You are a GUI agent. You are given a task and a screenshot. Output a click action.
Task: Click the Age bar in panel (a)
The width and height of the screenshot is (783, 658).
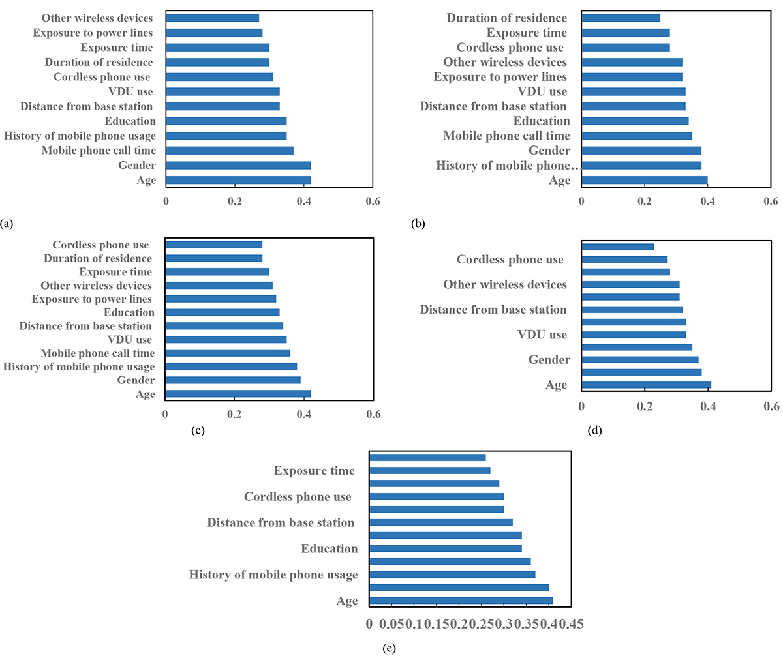[238, 180]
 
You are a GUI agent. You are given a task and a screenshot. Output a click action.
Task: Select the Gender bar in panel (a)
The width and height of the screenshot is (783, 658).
[238, 166]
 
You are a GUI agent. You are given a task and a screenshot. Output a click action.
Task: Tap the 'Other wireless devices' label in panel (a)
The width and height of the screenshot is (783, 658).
[97, 18]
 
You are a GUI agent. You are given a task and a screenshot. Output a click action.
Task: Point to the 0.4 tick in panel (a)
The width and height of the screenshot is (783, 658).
[303, 202]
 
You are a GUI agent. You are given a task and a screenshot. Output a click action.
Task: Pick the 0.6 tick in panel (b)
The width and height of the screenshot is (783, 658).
[771, 202]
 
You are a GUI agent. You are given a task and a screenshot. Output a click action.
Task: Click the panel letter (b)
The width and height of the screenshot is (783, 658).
[418, 224]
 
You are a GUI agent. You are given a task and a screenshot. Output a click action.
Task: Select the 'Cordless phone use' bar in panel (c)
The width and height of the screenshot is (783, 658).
[213, 245]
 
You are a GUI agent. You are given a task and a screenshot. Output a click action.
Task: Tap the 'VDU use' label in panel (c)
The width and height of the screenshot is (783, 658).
[129, 340]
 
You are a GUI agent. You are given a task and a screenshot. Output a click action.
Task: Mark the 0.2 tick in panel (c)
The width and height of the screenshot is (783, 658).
[234, 414]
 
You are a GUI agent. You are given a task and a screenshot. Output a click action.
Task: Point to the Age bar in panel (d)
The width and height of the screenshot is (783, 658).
[646, 385]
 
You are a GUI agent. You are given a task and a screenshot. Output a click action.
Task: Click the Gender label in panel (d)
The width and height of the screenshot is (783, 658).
[549, 360]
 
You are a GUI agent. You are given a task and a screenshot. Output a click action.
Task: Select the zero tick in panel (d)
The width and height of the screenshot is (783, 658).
[581, 406]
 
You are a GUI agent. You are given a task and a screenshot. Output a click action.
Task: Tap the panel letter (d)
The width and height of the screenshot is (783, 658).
[596, 430]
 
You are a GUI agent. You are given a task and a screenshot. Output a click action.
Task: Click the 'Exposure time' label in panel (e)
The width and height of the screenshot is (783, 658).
[314, 471]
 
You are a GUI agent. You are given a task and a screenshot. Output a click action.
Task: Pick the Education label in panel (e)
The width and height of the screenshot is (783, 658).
[329, 549]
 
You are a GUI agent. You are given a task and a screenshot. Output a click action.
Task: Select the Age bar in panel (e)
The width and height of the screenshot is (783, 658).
[461, 601]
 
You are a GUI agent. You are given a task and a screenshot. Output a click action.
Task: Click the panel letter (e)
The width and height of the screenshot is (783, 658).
[390, 648]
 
